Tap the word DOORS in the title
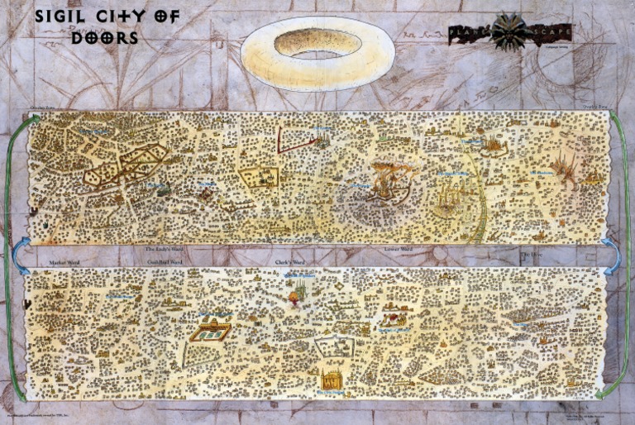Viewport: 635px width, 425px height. (104, 37)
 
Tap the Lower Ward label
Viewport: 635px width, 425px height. (399, 247)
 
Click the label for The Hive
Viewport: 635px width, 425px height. (530, 255)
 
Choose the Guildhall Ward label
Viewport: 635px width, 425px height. (165, 261)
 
